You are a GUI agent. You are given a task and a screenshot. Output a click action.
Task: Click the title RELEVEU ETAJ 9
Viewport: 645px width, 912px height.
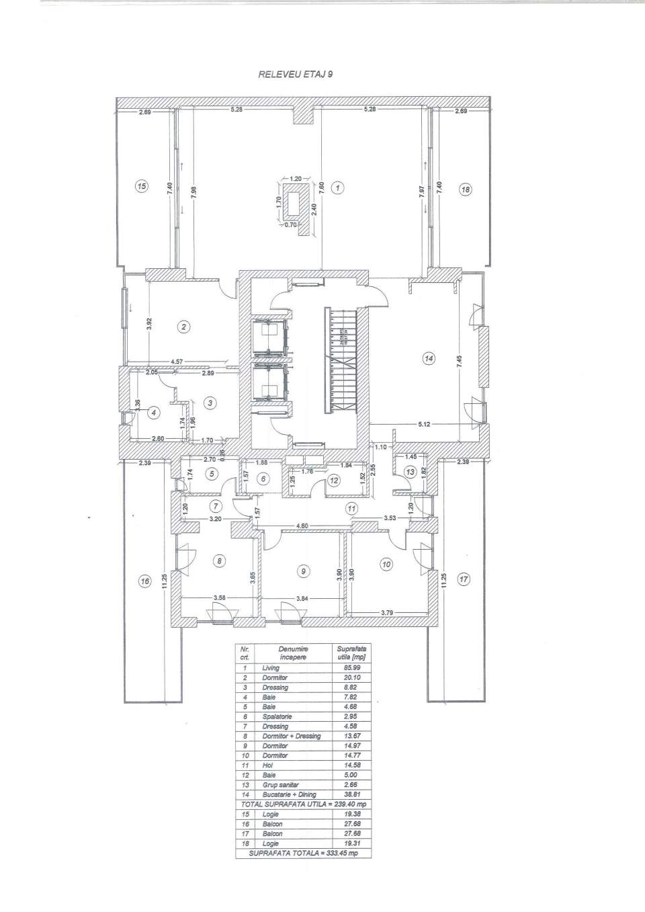295,75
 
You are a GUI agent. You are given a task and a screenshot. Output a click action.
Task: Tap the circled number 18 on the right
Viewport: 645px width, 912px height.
465,190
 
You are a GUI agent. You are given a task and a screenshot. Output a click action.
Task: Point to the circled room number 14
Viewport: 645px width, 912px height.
429,358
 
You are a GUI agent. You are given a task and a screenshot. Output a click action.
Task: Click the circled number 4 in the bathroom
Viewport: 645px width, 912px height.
155,413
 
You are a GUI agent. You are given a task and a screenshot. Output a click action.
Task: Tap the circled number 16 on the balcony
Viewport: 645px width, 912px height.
144,581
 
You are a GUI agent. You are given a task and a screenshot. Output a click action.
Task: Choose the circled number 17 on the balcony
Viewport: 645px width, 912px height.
463,579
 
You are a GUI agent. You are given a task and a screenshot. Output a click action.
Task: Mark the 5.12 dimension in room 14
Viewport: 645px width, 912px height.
423,424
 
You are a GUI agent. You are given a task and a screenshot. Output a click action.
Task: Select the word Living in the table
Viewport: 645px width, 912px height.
271,668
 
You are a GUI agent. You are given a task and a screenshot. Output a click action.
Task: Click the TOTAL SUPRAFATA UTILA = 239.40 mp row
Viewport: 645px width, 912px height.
303,804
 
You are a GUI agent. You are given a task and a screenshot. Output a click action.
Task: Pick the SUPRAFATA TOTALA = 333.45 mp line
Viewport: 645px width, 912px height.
303,853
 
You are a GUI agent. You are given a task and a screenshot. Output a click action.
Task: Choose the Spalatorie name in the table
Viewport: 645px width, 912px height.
275,716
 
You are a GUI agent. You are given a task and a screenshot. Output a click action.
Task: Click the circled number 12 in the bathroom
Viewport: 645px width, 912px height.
334,480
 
